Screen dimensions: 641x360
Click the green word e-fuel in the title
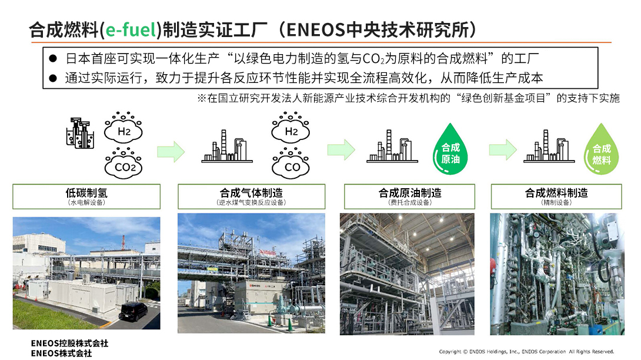[131, 30]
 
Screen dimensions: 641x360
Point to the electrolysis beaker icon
[80, 133]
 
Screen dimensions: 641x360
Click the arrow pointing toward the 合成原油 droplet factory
[341, 150]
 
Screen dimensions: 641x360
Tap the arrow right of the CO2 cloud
[171, 152]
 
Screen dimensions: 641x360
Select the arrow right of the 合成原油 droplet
[503, 150]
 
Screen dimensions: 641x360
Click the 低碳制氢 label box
[86, 196]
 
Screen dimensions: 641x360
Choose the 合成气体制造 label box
[252, 196]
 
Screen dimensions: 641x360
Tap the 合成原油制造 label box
[410, 196]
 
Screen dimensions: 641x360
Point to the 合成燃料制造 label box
[556, 196]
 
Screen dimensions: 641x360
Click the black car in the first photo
[133, 312]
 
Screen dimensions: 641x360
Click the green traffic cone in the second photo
[290, 324]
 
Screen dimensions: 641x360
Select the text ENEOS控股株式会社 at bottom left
[69, 343]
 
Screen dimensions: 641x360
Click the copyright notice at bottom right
[526, 351]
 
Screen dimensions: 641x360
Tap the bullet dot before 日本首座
[53, 58]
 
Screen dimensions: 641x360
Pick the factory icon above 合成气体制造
[227, 146]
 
